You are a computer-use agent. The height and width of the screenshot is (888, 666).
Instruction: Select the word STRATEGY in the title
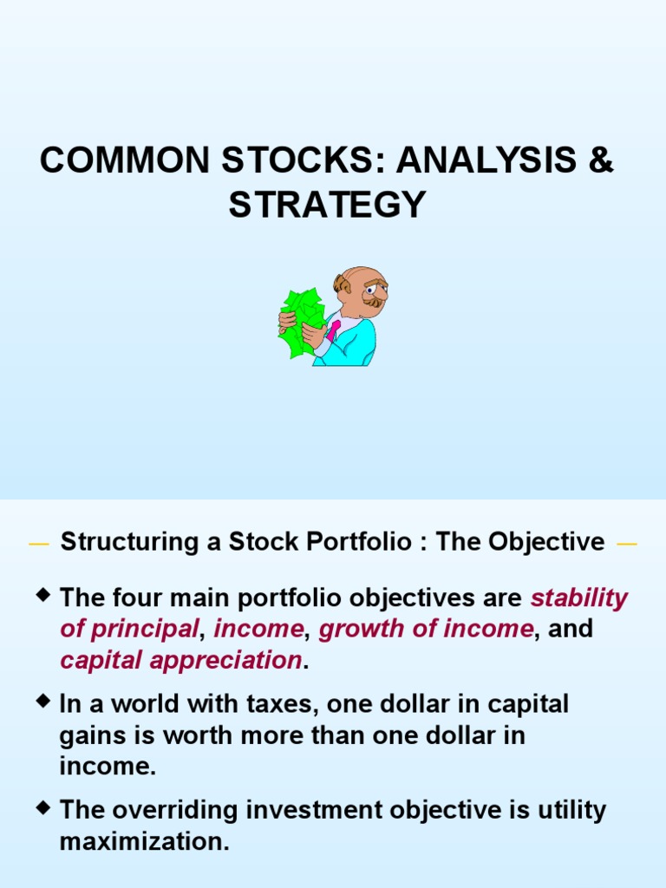pyautogui.click(x=328, y=206)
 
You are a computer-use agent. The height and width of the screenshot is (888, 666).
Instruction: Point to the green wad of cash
pyautogui.click(x=300, y=322)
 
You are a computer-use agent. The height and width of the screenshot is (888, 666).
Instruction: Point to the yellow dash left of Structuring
pyautogui.click(x=38, y=545)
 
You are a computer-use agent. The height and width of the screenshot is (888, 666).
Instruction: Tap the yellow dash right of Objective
pyautogui.click(x=626, y=545)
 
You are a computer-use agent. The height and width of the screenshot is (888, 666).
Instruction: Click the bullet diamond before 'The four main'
pyautogui.click(x=44, y=595)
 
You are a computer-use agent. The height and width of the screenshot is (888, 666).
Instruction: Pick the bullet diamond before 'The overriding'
pyautogui.click(x=44, y=807)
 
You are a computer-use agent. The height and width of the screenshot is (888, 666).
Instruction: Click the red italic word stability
pyautogui.click(x=579, y=598)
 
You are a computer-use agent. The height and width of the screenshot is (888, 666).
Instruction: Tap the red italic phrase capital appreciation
pyautogui.click(x=180, y=660)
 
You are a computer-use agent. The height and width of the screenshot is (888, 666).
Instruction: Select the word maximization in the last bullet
pyautogui.click(x=144, y=841)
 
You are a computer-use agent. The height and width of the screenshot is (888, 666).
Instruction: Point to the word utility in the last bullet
pyautogui.click(x=562, y=811)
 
